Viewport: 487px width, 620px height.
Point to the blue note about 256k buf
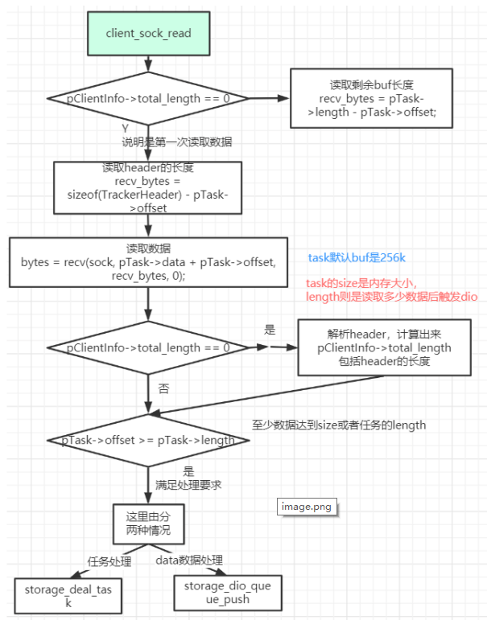(357, 258)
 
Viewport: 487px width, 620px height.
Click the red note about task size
(391, 289)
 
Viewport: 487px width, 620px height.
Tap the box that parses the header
(384, 347)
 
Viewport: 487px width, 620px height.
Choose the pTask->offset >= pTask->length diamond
(148, 440)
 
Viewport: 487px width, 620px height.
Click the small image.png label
(305, 507)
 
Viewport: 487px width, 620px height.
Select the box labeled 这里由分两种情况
(148, 524)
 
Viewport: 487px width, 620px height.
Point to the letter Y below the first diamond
(124, 128)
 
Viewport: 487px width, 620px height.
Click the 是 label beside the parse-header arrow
(270, 330)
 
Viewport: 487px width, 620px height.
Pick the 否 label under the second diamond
(163, 388)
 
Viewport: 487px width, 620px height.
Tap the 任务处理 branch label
(109, 560)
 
